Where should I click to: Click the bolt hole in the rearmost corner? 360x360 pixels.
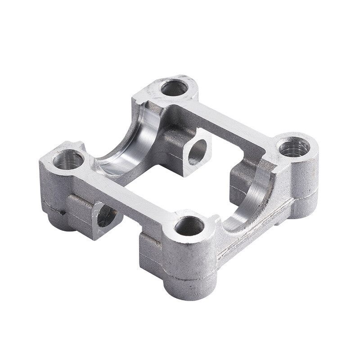[x=174, y=88]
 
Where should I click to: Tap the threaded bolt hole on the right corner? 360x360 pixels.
[x=294, y=147]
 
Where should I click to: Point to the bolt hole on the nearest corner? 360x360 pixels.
[x=189, y=226]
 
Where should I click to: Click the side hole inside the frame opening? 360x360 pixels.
[x=197, y=152]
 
